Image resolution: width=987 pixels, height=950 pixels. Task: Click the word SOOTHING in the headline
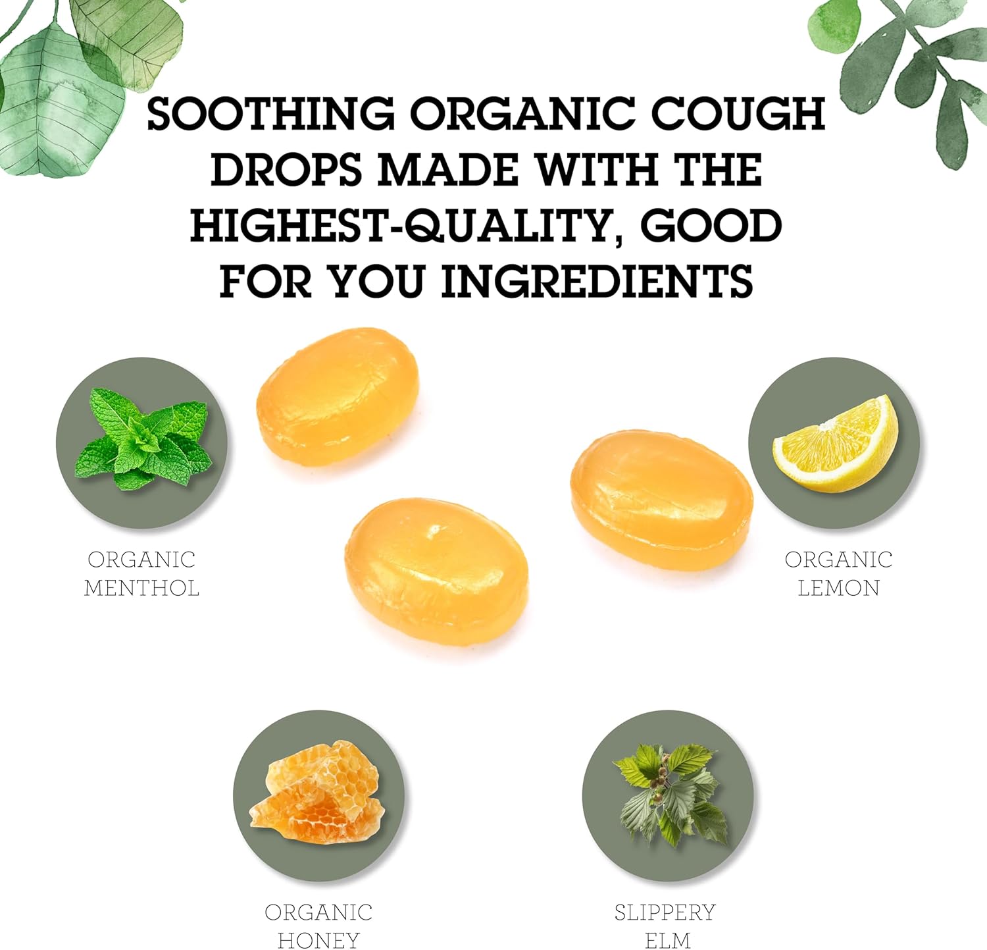pyautogui.click(x=271, y=113)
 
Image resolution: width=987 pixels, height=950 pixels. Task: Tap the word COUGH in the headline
pyautogui.click(x=738, y=113)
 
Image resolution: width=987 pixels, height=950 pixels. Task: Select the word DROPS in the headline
pyautogui.click(x=286, y=169)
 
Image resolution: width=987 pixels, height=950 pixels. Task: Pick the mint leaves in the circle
pyautogui.click(x=143, y=438)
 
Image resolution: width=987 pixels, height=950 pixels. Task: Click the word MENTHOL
pyautogui.click(x=141, y=587)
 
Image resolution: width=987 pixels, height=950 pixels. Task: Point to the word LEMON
pyautogui.click(x=839, y=587)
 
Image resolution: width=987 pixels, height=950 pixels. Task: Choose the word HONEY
pyautogui.click(x=318, y=939)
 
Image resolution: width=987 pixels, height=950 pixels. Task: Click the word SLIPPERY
pyautogui.click(x=665, y=912)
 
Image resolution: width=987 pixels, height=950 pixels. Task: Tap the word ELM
pyautogui.click(x=668, y=939)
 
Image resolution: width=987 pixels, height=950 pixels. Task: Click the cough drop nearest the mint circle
pyautogui.click(x=338, y=396)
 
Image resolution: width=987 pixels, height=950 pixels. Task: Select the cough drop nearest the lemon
pyautogui.click(x=661, y=500)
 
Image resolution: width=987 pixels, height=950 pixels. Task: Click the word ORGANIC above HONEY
pyautogui.click(x=318, y=912)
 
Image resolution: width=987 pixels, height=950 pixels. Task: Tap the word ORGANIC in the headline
pyautogui.click(x=523, y=113)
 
